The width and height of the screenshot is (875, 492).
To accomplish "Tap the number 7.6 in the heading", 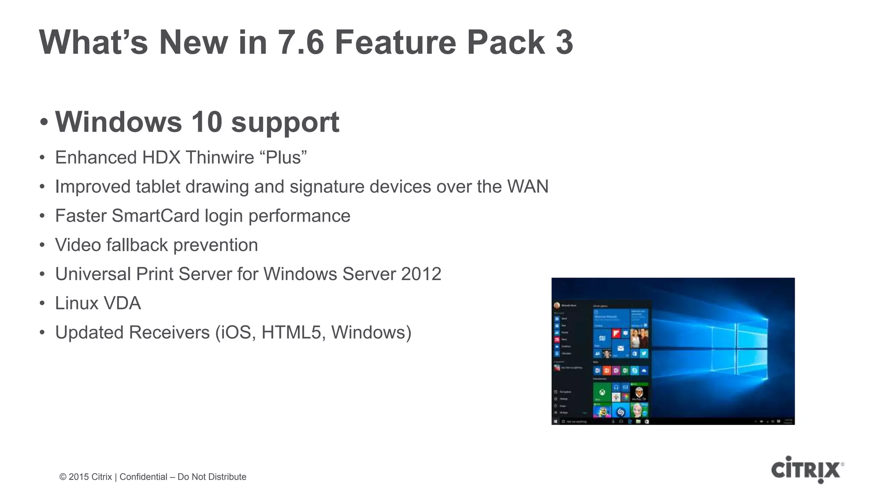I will pyautogui.click(x=301, y=42).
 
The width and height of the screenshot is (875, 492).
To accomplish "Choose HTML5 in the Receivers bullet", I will pyautogui.click(x=291, y=333).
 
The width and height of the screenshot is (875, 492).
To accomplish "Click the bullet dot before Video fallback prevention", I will pyautogui.click(x=42, y=245).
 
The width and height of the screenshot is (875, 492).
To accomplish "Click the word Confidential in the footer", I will pyautogui.click(x=143, y=477).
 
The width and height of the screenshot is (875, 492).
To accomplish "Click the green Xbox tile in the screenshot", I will pyautogui.click(x=602, y=392).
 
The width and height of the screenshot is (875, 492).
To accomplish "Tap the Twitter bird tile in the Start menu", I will pyautogui.click(x=644, y=353).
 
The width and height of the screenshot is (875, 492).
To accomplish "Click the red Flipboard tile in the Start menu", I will pyautogui.click(x=616, y=333).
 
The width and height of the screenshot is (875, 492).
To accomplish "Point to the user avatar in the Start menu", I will pyautogui.click(x=557, y=305).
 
